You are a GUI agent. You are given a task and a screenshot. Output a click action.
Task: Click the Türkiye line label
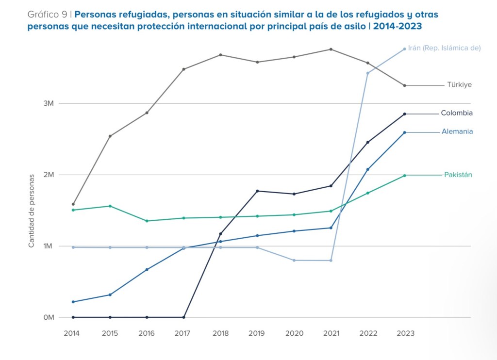(x=459, y=84)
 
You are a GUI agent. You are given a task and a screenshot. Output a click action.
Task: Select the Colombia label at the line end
(x=457, y=113)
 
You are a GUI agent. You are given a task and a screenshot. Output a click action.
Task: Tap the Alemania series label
(x=457, y=131)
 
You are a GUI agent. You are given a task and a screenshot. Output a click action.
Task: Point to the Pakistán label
(x=458, y=175)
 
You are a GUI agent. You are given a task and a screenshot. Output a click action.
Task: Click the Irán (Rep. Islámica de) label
(x=444, y=48)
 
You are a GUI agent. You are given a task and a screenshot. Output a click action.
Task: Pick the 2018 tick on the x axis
(x=220, y=333)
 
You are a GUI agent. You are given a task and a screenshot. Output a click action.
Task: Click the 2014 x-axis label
(x=72, y=333)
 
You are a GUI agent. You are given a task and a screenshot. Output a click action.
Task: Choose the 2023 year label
(x=405, y=333)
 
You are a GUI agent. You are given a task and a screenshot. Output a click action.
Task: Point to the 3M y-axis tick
(x=49, y=103)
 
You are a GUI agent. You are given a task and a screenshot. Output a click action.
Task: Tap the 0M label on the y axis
(x=49, y=317)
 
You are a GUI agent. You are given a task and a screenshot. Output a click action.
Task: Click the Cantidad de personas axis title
(x=32, y=211)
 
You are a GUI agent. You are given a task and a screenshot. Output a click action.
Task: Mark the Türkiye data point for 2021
(x=331, y=49)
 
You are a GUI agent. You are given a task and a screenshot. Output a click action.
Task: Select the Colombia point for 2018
(x=220, y=234)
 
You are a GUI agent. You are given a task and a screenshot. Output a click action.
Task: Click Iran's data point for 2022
(x=367, y=73)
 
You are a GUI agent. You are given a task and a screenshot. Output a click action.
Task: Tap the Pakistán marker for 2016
(x=147, y=221)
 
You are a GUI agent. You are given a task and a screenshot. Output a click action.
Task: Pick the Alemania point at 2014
(x=73, y=302)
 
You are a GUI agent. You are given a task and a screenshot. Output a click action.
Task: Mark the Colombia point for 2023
(x=404, y=114)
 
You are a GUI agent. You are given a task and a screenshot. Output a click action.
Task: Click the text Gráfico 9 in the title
(x=47, y=14)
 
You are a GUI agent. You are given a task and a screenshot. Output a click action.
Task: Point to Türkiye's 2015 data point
(x=110, y=136)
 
